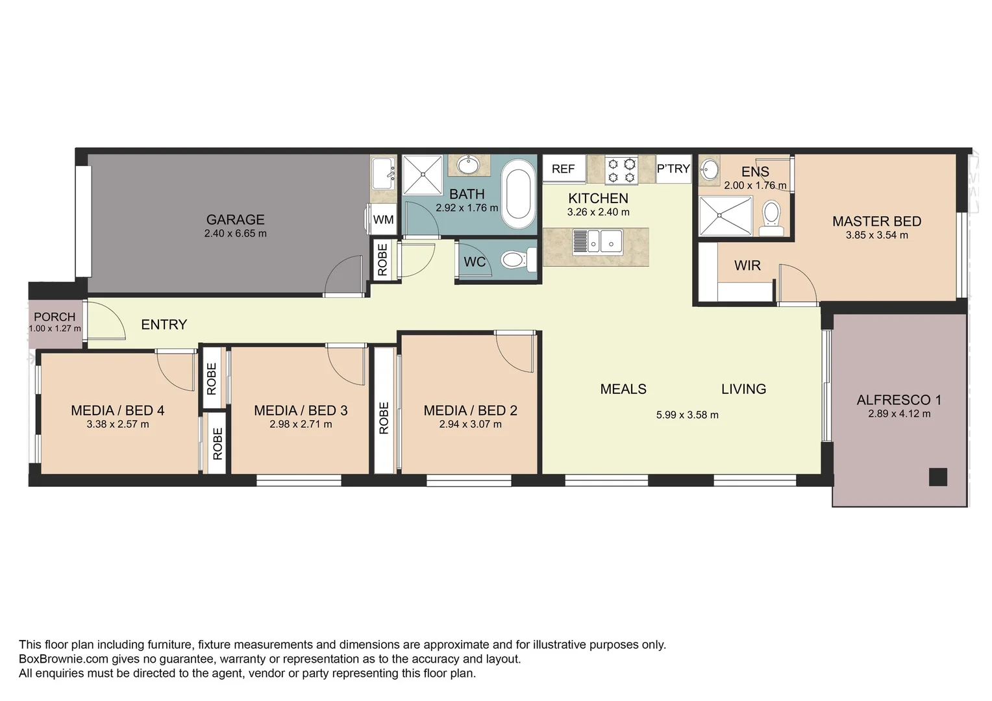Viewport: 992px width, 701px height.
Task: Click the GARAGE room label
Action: point(235,220)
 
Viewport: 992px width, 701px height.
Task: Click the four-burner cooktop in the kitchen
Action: point(621,170)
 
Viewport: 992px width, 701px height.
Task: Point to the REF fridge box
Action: point(563,169)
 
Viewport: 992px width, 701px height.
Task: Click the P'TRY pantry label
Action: point(673,169)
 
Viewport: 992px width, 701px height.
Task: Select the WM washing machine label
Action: point(383,219)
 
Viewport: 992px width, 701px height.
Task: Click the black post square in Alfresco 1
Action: point(937,476)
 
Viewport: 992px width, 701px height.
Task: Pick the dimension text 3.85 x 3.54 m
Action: point(876,235)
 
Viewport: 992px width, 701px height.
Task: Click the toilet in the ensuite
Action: point(771,217)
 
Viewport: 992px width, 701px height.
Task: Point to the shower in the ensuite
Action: point(725,215)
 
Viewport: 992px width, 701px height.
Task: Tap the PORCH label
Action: point(55,317)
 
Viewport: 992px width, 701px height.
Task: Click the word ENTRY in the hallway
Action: point(164,325)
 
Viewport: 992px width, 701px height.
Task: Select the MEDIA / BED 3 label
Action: point(301,410)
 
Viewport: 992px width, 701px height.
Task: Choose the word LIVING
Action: point(743,389)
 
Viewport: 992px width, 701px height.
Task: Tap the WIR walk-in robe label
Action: point(747,265)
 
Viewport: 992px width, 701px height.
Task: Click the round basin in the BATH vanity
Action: point(467,165)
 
